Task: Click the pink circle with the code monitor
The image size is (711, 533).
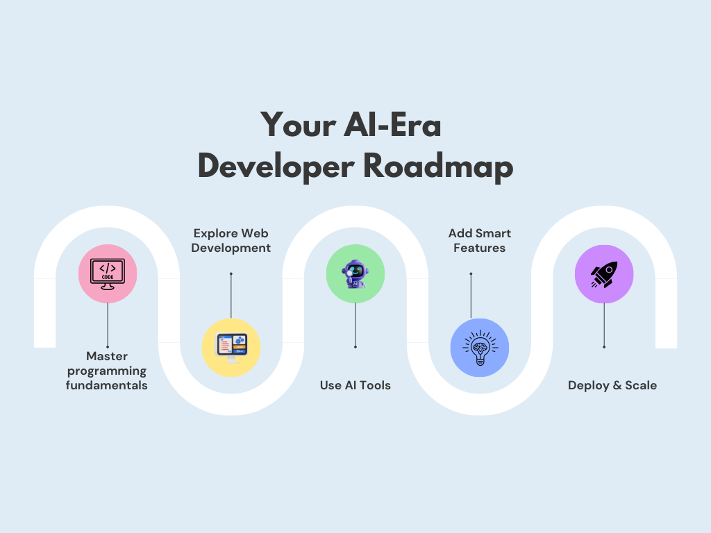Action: [108, 273]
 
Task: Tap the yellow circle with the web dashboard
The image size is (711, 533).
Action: [231, 348]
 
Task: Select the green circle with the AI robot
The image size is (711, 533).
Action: [355, 273]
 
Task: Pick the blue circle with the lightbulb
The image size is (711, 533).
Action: [480, 348]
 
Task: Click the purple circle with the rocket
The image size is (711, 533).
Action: [604, 273]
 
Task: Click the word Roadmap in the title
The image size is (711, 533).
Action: [438, 167]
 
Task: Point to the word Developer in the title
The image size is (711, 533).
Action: [276, 167]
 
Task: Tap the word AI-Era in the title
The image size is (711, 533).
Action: [392, 125]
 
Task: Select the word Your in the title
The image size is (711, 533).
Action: [299, 125]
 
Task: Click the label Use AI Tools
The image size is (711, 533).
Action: [355, 385]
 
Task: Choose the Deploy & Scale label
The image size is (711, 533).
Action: [612, 386]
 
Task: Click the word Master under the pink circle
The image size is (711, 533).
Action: [107, 356]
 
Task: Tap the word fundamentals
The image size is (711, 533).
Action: [106, 385]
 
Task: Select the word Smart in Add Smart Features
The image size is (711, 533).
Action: [494, 233]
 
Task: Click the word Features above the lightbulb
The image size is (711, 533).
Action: [480, 248]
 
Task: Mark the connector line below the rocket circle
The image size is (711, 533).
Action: [604, 325]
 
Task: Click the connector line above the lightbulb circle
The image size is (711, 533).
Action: [471, 296]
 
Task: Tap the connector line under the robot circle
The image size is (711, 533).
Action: [355, 325]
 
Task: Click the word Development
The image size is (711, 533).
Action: [231, 248]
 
